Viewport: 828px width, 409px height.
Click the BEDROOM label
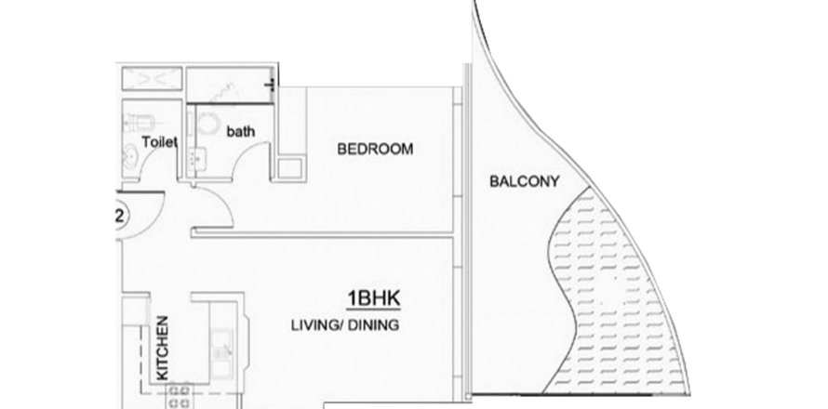coord(375,150)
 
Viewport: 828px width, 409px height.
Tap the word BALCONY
coord(524,181)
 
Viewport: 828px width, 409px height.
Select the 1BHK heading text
coord(373,298)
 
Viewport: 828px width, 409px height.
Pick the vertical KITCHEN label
coord(163,348)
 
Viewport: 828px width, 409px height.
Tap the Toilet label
coord(159,142)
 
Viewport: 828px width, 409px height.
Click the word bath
coord(240,131)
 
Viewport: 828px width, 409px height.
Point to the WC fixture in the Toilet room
coord(139,124)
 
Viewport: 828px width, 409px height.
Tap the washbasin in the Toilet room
coord(130,157)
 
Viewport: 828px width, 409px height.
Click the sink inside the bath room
coord(194,158)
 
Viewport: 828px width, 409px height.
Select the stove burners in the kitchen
coord(180,397)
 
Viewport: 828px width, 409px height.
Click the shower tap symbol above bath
coord(272,85)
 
